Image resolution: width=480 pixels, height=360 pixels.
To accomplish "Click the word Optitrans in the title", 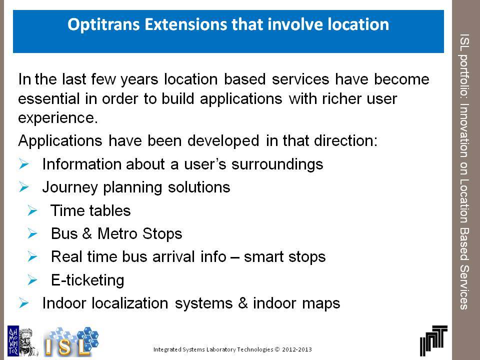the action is tap(104, 24).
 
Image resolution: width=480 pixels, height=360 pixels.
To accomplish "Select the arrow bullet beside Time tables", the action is tap(32, 210).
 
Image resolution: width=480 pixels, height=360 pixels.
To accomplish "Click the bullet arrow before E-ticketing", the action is tap(32, 280).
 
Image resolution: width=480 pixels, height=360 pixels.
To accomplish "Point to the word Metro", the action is tap(117, 233).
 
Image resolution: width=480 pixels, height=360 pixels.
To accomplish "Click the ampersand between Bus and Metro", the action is tap(87, 233).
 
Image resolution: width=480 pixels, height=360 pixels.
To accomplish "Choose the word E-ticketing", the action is tap(87, 280).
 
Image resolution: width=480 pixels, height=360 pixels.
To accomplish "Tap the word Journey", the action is tap(70, 187).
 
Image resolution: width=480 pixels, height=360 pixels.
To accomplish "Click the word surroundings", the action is tap(277, 164).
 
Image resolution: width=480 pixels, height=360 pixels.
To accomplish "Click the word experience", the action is tap(58, 118).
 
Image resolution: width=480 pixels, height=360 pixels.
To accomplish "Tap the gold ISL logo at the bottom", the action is tap(71, 342).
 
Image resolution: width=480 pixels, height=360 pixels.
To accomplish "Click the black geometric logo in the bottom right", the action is tap(433, 340).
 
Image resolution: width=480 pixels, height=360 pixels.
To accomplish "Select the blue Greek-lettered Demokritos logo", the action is tap(13, 340).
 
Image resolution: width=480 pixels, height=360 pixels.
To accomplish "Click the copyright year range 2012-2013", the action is tap(296, 349).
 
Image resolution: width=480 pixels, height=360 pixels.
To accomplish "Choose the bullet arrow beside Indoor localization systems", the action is tap(23, 303).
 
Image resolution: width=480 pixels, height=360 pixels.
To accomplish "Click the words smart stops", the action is tap(284, 257).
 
